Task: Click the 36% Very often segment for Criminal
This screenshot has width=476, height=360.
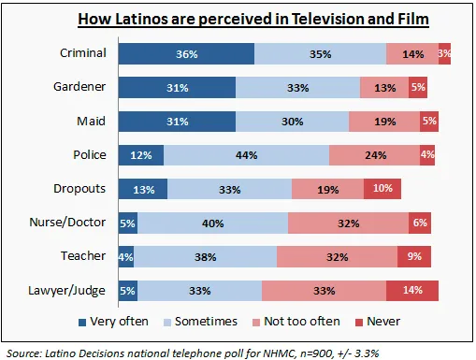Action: pos(186,54)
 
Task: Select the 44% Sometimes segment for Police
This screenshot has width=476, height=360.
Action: pos(247,155)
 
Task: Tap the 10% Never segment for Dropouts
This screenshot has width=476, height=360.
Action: pos(382,189)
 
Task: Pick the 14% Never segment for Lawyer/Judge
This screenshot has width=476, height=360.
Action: pos(412,291)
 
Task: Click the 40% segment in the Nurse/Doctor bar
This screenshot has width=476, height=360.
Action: pos(213,223)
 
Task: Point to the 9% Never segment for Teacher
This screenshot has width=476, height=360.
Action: pos(414,257)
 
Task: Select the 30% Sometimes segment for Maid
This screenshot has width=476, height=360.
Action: pos(293,122)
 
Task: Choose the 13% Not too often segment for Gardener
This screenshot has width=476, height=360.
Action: pos(384,88)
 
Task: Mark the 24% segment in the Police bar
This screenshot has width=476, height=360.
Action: pos(375,155)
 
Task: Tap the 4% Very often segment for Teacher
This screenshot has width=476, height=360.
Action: pos(126,257)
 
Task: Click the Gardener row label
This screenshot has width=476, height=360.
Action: pos(79,87)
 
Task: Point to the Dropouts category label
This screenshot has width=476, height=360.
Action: pos(79,189)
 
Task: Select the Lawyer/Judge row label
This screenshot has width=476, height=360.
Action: pos(66,291)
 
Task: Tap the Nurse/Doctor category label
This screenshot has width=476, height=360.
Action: pos(67,223)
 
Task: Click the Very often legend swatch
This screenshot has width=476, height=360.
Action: pos(82,323)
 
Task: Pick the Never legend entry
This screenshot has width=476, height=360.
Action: pos(378,322)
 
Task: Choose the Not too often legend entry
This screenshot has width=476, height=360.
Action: pos(296,322)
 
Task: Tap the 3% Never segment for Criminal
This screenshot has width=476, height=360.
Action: pos(444,54)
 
